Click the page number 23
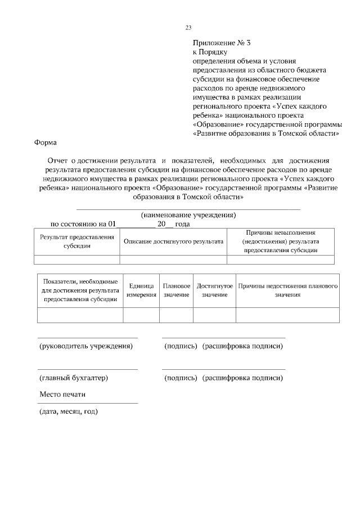[x=188, y=28]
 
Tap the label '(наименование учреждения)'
[x=188, y=215]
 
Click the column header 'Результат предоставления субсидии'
[x=77, y=241]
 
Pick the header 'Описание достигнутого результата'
[x=173, y=241]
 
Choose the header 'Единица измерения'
[x=141, y=290]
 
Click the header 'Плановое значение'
[x=176, y=290]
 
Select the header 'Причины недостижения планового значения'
[x=287, y=290]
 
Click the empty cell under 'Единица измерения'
[x=141, y=315]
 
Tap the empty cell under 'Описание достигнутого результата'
[x=173, y=260]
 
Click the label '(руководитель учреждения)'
[x=85, y=346]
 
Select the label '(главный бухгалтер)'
[x=73, y=378]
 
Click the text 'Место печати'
[x=62, y=394]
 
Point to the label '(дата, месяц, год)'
[x=69, y=411]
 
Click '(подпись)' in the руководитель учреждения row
[x=180, y=346]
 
